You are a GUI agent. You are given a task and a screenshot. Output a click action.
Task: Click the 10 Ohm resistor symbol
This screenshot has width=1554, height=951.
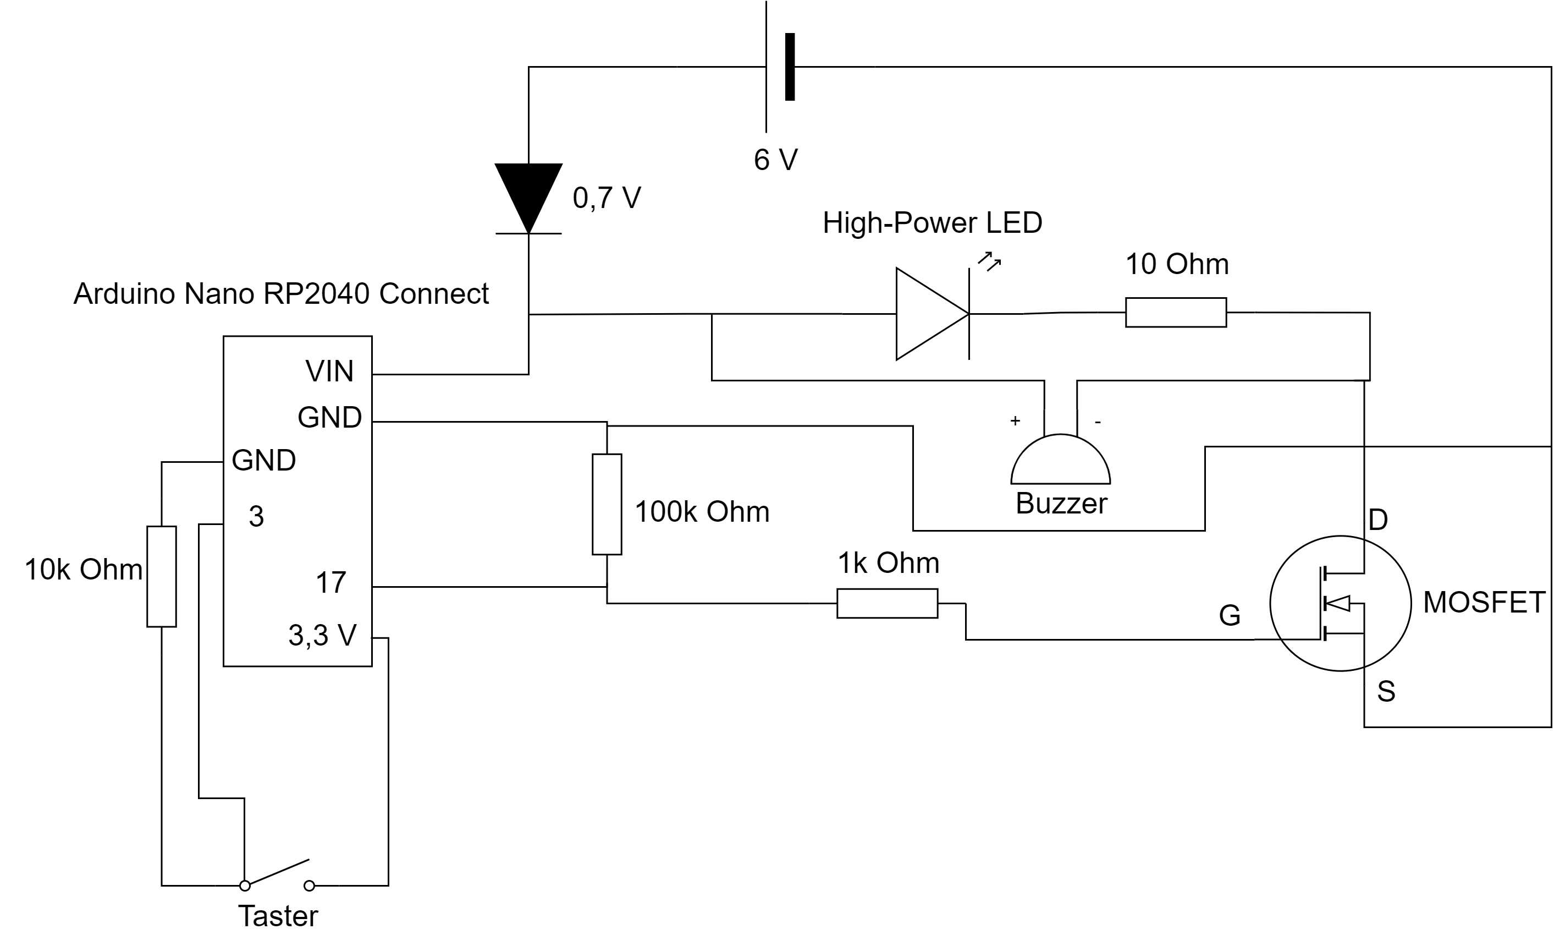[1176, 313]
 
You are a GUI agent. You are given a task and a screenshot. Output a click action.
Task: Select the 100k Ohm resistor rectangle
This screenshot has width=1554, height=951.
[607, 504]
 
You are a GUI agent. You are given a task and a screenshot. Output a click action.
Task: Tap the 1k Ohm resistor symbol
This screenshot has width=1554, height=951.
[887, 603]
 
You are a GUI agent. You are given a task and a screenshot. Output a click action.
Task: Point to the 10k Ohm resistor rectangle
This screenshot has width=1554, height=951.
[162, 576]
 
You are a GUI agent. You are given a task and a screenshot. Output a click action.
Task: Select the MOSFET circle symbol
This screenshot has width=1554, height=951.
[1340, 603]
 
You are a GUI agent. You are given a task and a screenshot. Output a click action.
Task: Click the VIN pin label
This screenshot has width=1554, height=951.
[329, 371]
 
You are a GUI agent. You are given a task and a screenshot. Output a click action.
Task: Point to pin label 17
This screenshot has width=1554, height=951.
[331, 582]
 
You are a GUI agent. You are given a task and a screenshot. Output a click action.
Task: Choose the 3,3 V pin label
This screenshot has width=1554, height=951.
[322, 636]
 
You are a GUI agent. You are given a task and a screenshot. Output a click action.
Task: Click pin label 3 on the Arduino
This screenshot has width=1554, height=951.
[256, 517]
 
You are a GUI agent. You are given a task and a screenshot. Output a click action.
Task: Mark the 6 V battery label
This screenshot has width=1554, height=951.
[776, 160]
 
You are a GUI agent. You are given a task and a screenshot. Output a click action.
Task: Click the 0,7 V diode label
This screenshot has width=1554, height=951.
[607, 198]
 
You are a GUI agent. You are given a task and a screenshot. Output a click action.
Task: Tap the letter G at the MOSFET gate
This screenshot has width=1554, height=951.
[1230, 615]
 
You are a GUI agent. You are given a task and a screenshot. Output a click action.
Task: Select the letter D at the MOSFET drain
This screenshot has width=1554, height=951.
[1378, 520]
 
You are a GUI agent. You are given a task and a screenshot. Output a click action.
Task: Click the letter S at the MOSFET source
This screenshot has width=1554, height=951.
[1386, 692]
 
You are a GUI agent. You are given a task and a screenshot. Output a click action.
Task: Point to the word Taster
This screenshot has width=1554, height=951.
[278, 916]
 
